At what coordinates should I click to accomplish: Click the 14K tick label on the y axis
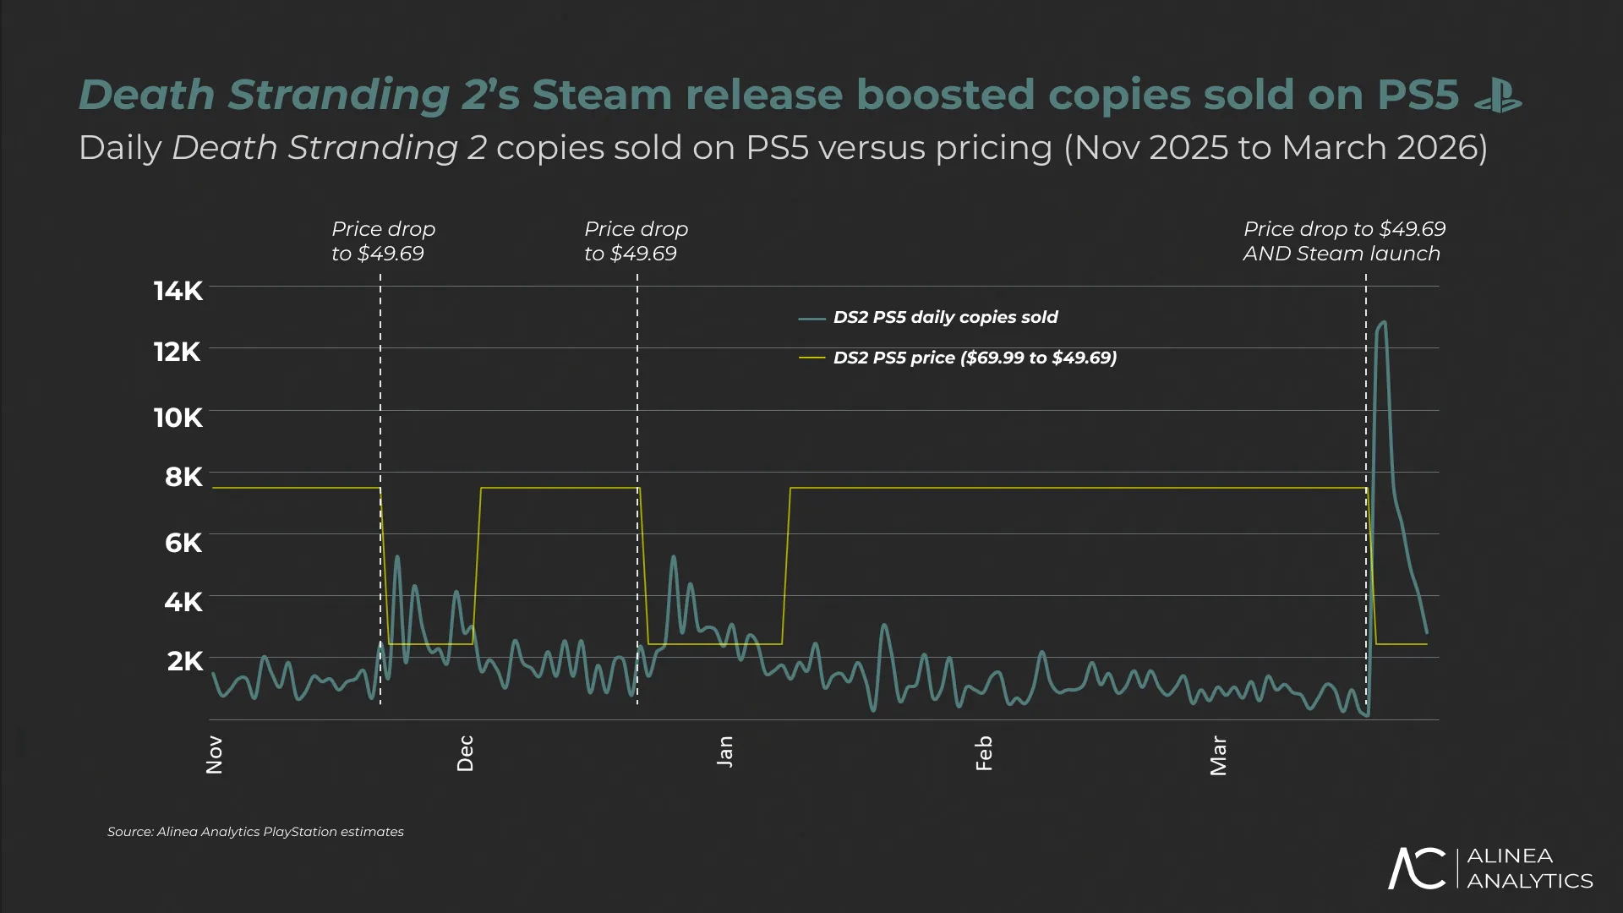click(x=178, y=291)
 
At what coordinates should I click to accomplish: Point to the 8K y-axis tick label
click(x=183, y=477)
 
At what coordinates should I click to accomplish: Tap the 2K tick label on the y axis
click(x=185, y=661)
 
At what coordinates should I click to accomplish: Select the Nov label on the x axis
click(x=215, y=754)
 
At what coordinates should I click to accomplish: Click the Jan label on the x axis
click(x=725, y=752)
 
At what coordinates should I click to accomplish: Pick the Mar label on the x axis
click(x=1218, y=755)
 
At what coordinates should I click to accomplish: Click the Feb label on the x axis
click(x=984, y=753)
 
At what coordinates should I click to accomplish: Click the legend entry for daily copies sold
click(x=944, y=317)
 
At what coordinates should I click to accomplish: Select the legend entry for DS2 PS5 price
click(x=974, y=358)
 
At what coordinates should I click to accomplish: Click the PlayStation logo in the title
click(x=1498, y=96)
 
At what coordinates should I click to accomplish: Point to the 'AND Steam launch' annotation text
click(x=1342, y=254)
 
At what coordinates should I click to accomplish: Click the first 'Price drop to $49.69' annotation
click(x=383, y=241)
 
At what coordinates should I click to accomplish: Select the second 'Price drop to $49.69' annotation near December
click(x=636, y=241)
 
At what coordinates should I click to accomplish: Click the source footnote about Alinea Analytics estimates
click(x=255, y=832)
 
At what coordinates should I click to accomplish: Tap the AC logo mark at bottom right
click(x=1417, y=868)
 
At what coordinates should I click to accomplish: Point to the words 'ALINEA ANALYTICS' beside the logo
click(x=1528, y=868)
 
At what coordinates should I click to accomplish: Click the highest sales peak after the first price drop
click(x=397, y=557)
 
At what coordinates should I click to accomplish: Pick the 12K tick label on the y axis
click(x=178, y=352)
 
